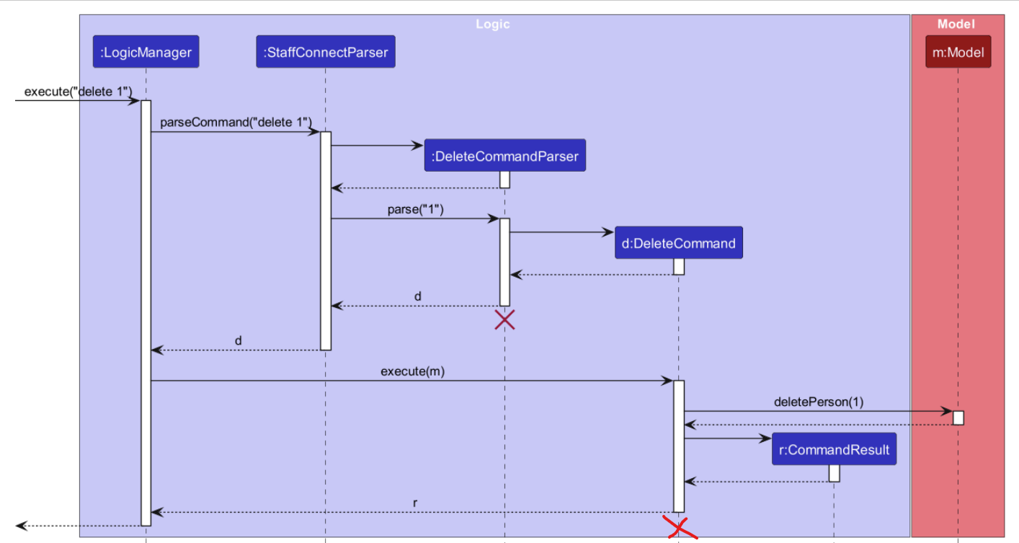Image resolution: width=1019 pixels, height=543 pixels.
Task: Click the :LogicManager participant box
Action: (146, 52)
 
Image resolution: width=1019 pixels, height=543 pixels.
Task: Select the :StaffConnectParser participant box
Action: (325, 52)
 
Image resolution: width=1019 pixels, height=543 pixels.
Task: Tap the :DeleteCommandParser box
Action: (504, 156)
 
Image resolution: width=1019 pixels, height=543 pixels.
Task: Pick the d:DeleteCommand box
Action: (678, 243)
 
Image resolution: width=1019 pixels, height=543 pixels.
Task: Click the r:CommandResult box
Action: (834, 449)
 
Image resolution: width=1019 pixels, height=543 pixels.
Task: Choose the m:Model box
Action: (958, 52)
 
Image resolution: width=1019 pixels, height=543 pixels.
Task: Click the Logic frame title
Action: (493, 25)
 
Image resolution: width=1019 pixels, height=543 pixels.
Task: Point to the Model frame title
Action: (956, 25)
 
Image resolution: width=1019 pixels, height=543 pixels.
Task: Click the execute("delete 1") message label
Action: (78, 92)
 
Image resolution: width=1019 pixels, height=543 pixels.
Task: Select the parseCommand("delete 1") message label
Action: (236, 123)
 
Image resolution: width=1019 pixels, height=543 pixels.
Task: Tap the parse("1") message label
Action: (415, 210)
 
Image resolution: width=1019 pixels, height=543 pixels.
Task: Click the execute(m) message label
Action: (411, 372)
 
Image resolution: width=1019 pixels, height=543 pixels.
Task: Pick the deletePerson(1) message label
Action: (818, 402)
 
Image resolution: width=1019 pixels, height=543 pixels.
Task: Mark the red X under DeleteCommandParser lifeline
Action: (504, 319)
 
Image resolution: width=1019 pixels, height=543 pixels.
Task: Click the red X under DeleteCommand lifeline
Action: (678, 528)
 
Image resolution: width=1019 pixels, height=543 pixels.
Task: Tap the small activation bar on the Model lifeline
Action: (958, 418)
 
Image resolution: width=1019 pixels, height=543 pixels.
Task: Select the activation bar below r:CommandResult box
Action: (834, 473)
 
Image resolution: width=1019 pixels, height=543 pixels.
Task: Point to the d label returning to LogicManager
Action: (238, 340)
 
